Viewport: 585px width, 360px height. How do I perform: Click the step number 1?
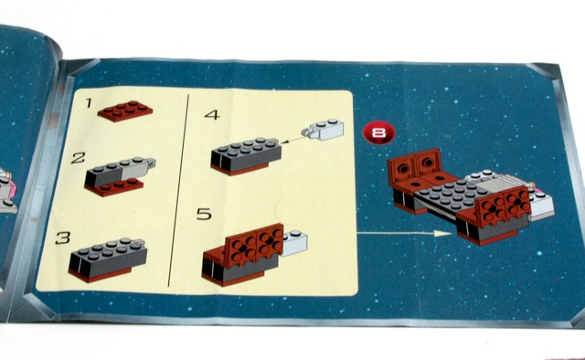[89, 102]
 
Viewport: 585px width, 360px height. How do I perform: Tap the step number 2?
[78, 158]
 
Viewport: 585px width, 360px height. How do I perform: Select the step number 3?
[63, 238]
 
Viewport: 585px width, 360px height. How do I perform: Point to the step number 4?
[212, 114]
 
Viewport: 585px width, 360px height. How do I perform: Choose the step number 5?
[204, 214]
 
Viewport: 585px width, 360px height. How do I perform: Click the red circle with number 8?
[378, 133]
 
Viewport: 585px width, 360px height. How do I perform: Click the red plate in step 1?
[125, 111]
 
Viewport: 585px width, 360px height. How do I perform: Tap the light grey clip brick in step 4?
[323, 130]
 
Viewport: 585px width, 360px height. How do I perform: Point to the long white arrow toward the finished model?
[404, 234]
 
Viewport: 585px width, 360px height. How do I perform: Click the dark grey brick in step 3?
[108, 258]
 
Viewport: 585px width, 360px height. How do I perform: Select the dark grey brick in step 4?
[246, 154]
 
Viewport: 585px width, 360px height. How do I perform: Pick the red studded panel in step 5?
[254, 244]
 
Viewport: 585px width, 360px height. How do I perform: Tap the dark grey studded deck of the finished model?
[452, 194]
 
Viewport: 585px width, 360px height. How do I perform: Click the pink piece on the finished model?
[538, 190]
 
